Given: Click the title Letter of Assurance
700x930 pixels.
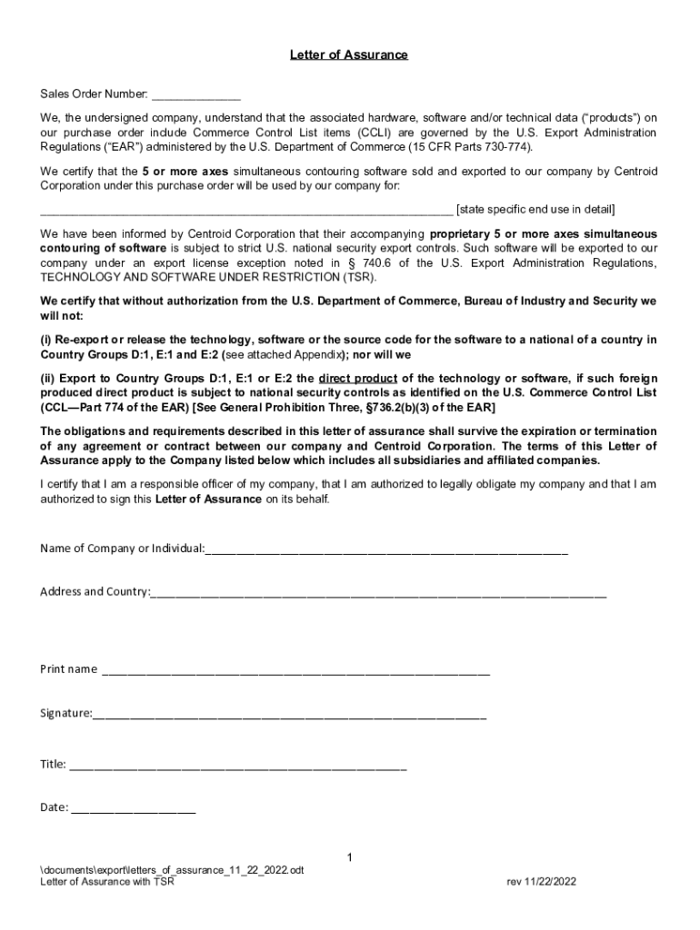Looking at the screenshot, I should coord(349,55).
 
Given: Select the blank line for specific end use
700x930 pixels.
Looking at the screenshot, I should coord(245,211).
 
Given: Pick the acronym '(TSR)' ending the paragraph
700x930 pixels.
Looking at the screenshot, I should coord(357,277).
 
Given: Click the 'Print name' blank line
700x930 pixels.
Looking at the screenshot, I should coord(295,672).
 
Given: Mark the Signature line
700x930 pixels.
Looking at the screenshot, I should coord(289,716).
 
